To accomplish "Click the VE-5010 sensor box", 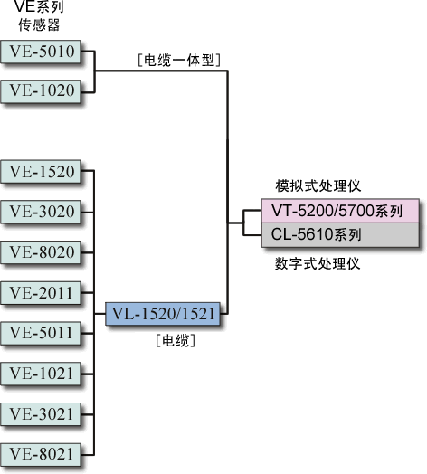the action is (41, 52).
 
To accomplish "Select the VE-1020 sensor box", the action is (41, 91).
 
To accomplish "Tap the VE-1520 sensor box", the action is (41, 171).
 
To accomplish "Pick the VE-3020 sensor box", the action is (41, 212).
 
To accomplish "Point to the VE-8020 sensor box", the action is (41, 252).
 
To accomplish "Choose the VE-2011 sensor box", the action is (41, 292).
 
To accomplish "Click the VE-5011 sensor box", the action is (41, 333).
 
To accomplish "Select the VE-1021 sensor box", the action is (41, 374).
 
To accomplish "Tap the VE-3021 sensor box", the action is (41, 414).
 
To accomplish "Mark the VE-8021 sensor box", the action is (41, 454).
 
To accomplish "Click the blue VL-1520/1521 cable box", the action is (163, 314).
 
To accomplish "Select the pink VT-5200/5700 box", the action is (340, 211).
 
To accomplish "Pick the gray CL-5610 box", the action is (340, 235).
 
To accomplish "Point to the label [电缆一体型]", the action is (179, 61).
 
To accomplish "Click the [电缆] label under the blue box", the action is (176, 341).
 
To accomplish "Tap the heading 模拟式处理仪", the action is (318, 185).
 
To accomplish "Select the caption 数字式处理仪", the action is (318, 263).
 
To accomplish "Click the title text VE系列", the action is (39, 6).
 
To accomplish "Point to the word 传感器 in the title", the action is (39, 24).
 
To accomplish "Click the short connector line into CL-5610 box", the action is (252, 235).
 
